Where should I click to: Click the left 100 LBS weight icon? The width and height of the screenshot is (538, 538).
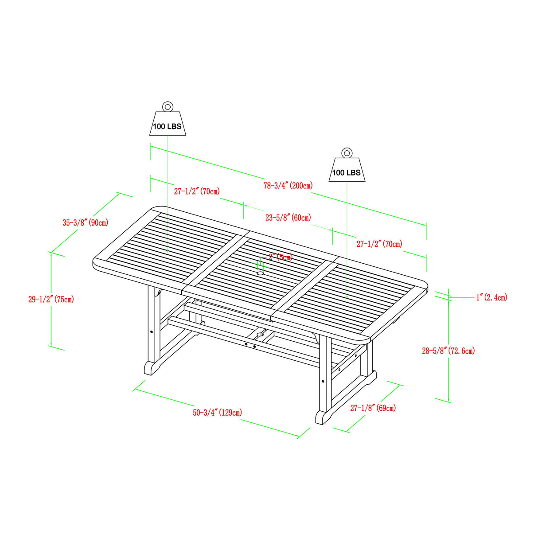point(168,124)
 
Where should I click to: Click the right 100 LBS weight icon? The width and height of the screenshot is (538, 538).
point(347,170)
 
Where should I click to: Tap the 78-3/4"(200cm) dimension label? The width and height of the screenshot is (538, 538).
point(288,186)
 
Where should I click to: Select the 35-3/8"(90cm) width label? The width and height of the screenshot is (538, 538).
point(85,222)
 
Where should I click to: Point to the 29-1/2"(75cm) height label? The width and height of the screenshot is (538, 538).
point(51,300)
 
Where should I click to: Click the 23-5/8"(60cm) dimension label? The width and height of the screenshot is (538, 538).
point(288,218)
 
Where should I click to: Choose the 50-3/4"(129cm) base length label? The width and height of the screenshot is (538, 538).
point(217,413)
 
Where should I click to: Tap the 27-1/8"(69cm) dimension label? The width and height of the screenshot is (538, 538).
point(373,408)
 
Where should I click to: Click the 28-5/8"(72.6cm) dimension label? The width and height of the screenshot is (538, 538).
point(448,351)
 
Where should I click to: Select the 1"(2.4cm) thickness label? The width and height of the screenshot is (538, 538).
point(491,297)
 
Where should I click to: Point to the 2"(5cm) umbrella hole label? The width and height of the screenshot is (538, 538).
point(281,257)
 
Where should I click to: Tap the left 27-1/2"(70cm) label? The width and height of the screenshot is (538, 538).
point(197,191)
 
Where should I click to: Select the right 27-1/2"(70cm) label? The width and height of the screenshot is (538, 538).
point(379,244)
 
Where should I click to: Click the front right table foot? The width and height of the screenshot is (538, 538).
point(326,417)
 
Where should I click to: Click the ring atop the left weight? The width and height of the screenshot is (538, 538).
point(168,106)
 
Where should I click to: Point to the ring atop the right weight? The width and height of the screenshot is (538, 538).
point(347,153)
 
